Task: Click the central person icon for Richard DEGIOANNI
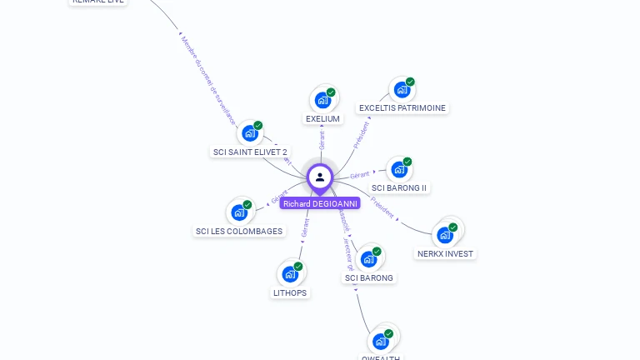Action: (320, 177)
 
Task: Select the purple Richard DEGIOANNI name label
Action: (320, 203)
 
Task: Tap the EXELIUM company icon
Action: (322, 100)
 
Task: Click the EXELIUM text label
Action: (322, 119)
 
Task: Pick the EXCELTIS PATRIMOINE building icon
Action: (402, 89)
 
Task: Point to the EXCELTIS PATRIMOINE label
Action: (402, 108)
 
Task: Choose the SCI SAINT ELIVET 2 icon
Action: (250, 132)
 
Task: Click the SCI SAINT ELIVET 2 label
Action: (250, 152)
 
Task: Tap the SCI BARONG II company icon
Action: (399, 169)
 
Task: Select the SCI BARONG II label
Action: (399, 188)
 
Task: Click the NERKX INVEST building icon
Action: (446, 234)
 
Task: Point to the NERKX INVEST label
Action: (445, 254)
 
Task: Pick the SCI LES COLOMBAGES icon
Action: (239, 212)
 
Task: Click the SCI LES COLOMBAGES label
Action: (239, 232)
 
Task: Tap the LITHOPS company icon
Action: (290, 273)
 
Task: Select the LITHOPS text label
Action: (290, 293)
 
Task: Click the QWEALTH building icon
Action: (382, 341)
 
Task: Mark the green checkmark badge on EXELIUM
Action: (331, 92)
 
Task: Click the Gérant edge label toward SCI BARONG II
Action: (360, 175)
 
